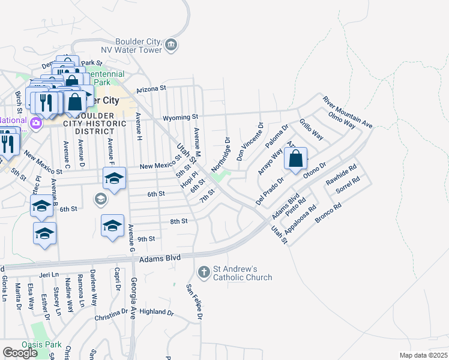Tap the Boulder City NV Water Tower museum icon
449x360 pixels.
click(171, 46)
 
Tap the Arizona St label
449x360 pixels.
click(151, 89)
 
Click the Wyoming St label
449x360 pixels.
click(184, 116)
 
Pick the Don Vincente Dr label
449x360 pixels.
click(250, 142)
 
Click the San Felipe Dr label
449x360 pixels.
click(195, 301)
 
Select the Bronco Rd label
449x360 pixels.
click(328, 214)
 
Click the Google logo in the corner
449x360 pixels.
click(20, 353)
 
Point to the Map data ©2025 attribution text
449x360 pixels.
click(423, 355)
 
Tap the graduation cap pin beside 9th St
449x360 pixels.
click(112, 226)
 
